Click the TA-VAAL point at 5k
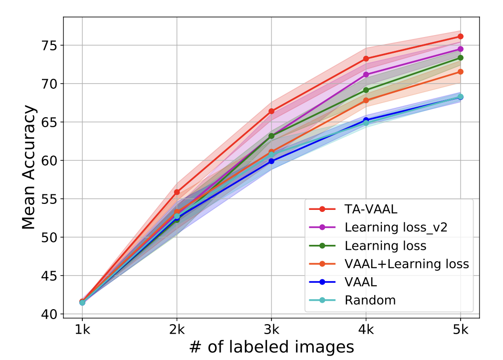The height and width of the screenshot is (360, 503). click(460, 36)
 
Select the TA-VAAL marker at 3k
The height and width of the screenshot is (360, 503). click(271, 111)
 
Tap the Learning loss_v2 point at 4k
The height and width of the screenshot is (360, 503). click(366, 74)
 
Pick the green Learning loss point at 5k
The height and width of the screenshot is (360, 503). click(460, 58)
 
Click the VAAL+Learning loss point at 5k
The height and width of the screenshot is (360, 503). click(460, 72)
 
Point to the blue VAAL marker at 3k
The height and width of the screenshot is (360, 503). click(271, 161)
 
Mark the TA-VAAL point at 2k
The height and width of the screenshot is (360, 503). click(177, 192)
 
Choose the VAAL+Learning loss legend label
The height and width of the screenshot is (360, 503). click(407, 264)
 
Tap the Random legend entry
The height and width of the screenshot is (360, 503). click(370, 300)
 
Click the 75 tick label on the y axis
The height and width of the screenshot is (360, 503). click(49, 45)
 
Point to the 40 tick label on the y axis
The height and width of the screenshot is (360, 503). click(49, 314)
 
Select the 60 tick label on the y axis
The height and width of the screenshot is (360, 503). click(49, 161)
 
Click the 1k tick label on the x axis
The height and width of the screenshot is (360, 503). click(82, 330)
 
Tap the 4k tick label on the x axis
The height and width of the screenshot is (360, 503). click(366, 330)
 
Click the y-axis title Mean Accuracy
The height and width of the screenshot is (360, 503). click(29, 167)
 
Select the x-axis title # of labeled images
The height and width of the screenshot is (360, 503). click(271, 347)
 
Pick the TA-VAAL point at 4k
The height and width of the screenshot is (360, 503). click(366, 58)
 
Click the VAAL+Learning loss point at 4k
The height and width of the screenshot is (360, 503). click(366, 100)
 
